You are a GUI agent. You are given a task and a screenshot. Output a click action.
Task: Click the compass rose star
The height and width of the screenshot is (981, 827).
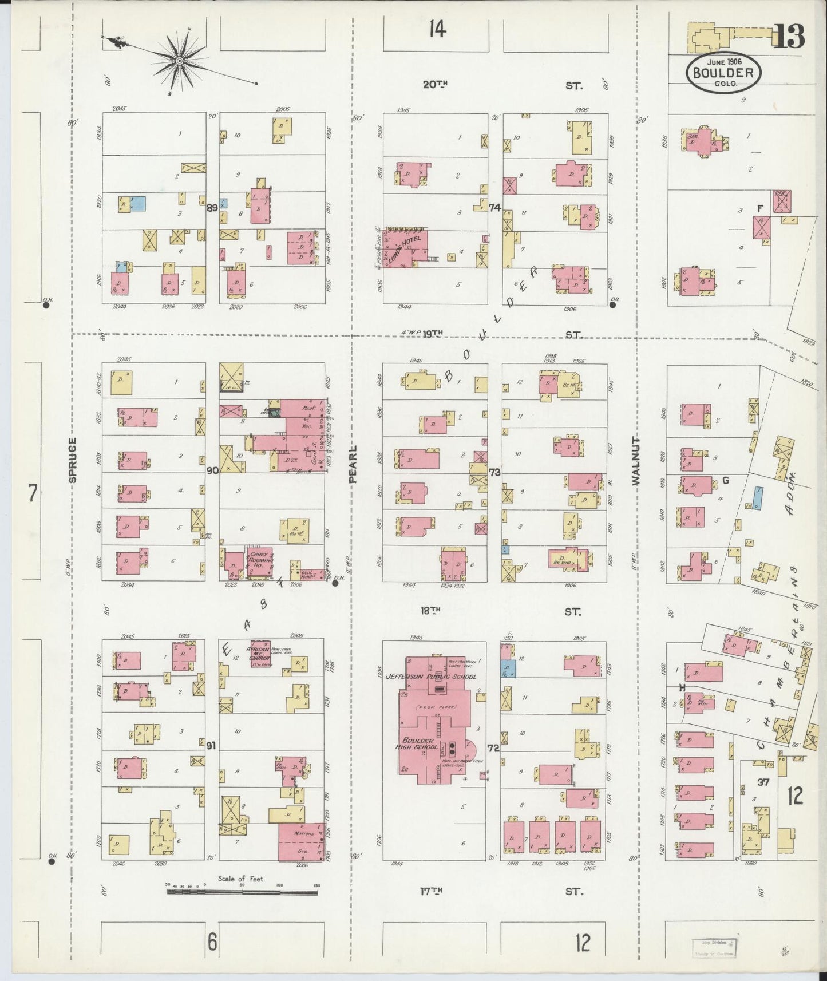tap(179, 60)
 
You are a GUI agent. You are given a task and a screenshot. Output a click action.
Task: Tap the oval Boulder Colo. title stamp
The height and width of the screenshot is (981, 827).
tap(725, 74)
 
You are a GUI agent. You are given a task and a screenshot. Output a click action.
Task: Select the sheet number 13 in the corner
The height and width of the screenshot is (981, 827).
tap(790, 37)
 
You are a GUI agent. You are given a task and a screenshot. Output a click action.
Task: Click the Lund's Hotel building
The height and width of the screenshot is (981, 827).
tap(407, 247)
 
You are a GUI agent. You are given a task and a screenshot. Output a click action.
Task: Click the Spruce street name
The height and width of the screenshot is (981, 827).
tap(72, 460)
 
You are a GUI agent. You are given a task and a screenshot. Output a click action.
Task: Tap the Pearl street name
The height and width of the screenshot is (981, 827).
tap(353, 464)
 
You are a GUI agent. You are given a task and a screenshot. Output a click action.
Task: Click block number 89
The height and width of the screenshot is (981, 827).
tap(212, 208)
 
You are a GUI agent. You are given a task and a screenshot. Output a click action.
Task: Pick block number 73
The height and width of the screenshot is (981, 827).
tap(494, 472)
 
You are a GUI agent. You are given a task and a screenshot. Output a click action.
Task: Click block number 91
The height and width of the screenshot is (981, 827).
tap(211, 745)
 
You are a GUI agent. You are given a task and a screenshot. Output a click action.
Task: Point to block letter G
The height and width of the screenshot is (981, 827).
tap(725, 480)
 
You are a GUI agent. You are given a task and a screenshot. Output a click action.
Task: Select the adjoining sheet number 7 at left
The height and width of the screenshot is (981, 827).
tap(33, 493)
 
